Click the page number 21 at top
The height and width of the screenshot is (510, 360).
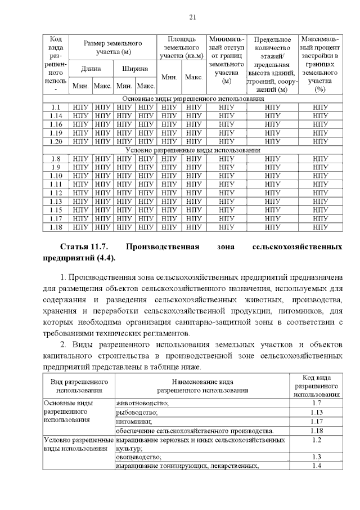[x=192, y=17]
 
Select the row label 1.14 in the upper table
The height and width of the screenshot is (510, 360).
[x=56, y=115]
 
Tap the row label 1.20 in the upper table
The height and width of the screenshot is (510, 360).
[x=56, y=141]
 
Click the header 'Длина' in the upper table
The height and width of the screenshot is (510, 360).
[x=91, y=69]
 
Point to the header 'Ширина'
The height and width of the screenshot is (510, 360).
[x=135, y=69]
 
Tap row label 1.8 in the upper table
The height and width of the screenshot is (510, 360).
[x=56, y=159]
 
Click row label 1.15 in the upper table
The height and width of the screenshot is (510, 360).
[x=56, y=210]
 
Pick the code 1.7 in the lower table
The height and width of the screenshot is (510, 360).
[x=316, y=403]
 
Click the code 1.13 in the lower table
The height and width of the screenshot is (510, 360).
[x=316, y=412]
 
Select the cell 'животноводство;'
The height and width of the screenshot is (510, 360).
[x=143, y=403]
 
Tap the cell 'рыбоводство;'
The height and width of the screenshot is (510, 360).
[x=137, y=412]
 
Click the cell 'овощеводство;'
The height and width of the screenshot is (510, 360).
[x=138, y=457]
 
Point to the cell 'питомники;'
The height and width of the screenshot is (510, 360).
[x=134, y=421]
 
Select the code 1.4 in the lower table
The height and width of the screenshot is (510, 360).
[x=316, y=466]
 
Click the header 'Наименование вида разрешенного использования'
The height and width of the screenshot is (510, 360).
[x=202, y=385]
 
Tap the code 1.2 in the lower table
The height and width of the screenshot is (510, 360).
[x=316, y=440]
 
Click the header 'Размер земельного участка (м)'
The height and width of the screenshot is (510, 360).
[x=112, y=47]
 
